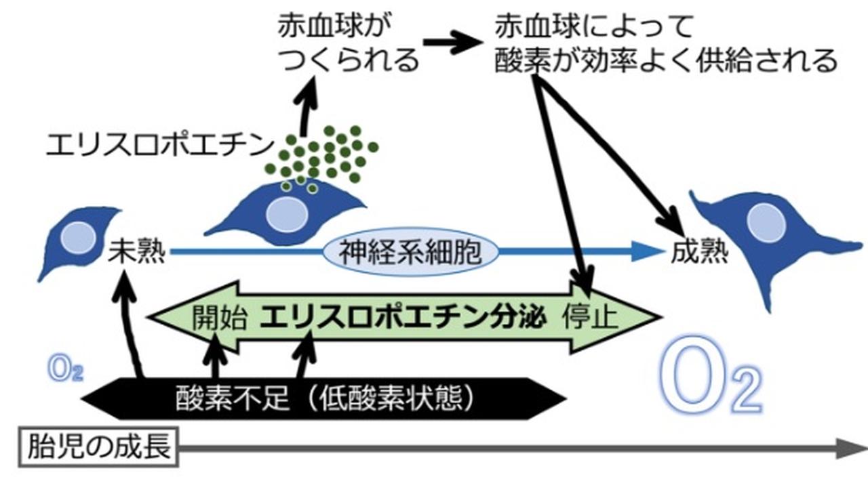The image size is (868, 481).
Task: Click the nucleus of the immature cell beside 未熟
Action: click(x=77, y=237)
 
